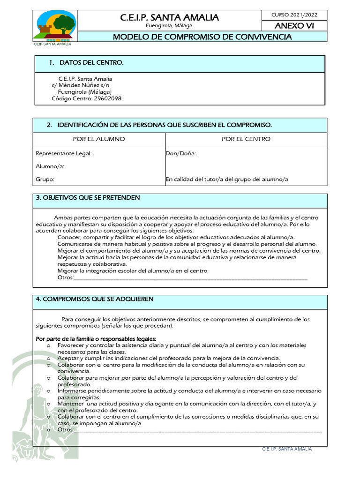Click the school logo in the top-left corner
[x=55, y=26]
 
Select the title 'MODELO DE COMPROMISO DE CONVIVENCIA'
[x=202, y=37]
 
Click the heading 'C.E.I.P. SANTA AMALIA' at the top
[x=169, y=17]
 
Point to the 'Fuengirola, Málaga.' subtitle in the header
[x=169, y=26]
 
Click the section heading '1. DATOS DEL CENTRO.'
[x=86, y=63]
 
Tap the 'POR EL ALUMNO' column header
[x=99, y=139]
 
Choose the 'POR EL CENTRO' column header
[x=246, y=139]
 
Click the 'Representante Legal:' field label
[x=64, y=153]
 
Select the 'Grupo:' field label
[x=45, y=180]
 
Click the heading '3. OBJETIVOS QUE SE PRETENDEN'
[x=88, y=198]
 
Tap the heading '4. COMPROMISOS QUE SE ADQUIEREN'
[x=95, y=299]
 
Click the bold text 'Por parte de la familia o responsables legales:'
[x=96, y=339]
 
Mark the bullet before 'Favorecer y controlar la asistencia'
[x=49, y=346]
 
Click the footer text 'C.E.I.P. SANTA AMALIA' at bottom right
[x=287, y=449]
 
